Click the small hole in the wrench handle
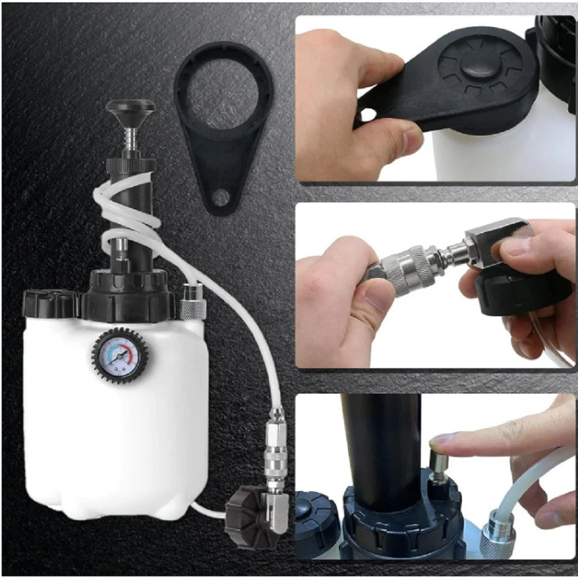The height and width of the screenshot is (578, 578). point(220,198)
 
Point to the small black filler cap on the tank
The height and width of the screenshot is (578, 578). point(51,303)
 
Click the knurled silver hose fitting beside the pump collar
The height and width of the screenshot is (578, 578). point(193,301)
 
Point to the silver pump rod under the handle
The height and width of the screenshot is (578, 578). point(131,138)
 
